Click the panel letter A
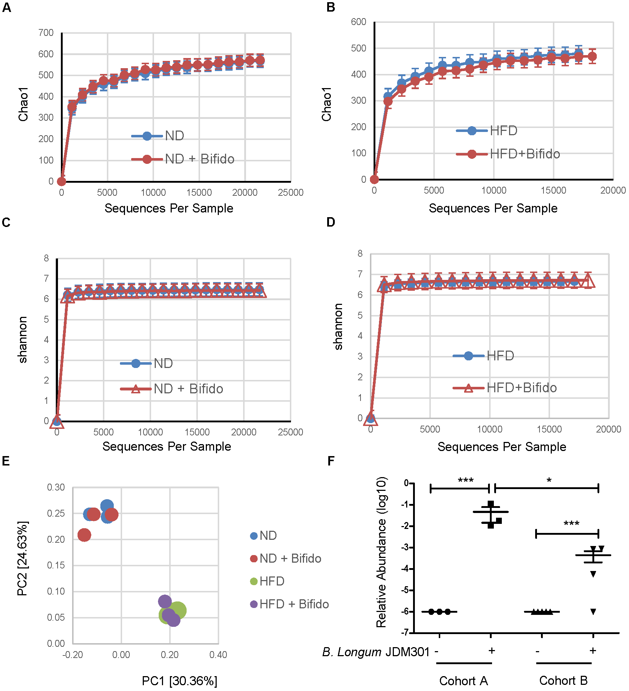[x=6, y=8]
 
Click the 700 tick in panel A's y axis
[x=46, y=33]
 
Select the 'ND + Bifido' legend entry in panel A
[x=199, y=159]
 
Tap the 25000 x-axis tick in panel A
[x=291, y=193]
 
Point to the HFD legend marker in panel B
[x=472, y=131]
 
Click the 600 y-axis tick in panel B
[x=358, y=22]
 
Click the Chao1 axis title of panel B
[x=326, y=104]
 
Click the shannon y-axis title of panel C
[x=22, y=340]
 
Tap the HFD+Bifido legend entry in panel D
[x=521, y=388]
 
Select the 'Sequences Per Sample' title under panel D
[x=501, y=447]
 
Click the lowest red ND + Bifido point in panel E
[x=84, y=535]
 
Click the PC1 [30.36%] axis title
[x=179, y=681]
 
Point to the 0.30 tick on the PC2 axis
[x=56, y=487]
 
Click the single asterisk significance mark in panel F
[x=549, y=481]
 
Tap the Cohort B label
[x=563, y=681]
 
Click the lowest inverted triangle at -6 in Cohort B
[x=593, y=612]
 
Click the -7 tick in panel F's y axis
[x=405, y=633]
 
